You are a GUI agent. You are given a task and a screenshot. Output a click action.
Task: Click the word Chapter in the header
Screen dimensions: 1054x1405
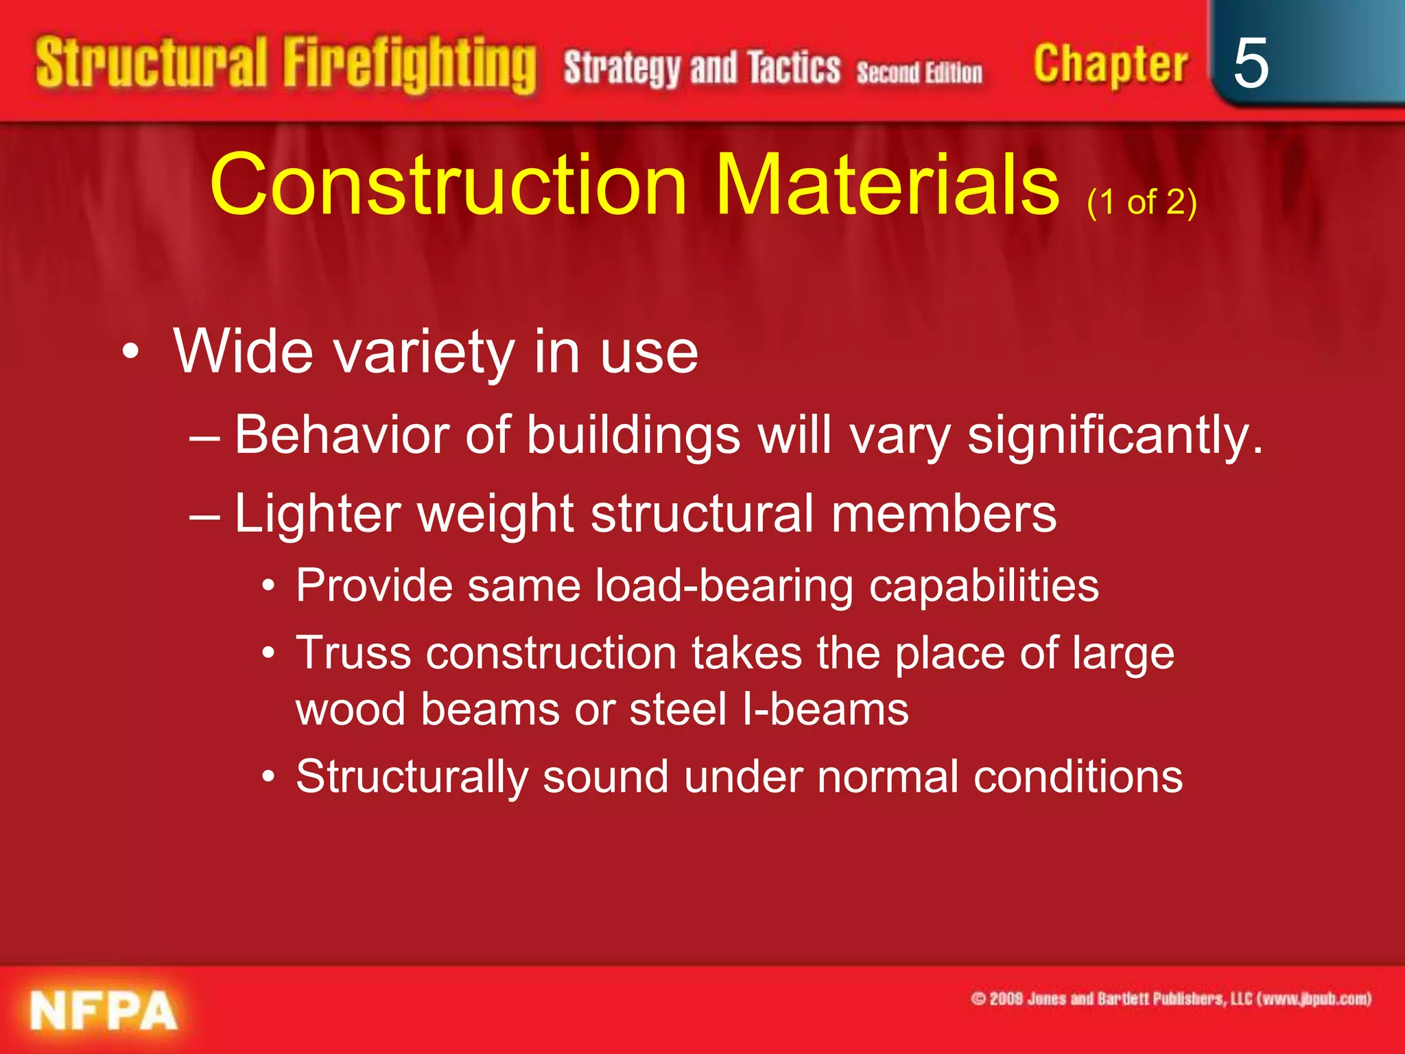click(1110, 65)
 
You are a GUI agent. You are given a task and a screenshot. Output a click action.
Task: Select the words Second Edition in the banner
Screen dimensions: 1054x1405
click(919, 72)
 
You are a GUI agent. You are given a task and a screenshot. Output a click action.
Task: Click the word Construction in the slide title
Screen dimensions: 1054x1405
click(448, 185)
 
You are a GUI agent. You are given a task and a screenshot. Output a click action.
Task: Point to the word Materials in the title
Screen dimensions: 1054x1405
click(888, 185)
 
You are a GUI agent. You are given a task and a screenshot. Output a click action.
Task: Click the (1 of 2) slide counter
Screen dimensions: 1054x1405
click(1142, 202)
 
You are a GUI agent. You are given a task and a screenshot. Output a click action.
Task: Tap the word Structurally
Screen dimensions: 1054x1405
click(412, 777)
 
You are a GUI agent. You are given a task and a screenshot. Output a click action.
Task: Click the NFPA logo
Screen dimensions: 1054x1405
click(104, 1010)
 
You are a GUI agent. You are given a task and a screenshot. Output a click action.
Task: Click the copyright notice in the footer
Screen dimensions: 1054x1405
click(1170, 998)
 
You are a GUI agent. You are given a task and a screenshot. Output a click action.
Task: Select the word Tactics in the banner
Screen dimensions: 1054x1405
click(794, 68)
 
